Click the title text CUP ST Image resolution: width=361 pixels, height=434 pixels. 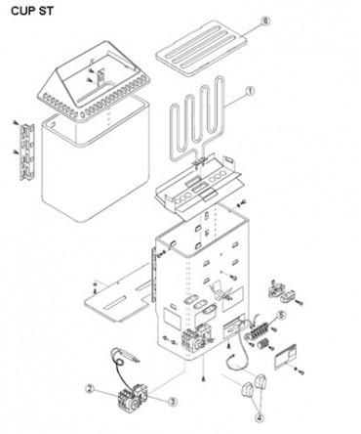coord(32,11)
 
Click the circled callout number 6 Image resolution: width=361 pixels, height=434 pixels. coord(265,22)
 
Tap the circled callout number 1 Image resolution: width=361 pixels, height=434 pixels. coord(250,92)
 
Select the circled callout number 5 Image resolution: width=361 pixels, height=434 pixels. coord(281,315)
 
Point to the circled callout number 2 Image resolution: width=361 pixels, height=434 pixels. coord(90,388)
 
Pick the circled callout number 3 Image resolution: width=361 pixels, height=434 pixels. coord(173,402)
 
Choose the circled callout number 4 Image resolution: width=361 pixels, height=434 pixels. coord(259,417)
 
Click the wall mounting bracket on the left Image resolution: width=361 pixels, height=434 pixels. coord(27,152)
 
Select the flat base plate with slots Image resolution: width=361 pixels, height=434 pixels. coord(119,300)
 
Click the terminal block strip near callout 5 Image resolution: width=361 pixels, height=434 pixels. coord(259,331)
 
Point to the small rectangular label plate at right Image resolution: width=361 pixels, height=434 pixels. coord(285,357)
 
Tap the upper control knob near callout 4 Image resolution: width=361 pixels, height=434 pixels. coord(261,382)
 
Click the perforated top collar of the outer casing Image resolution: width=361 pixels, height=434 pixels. coord(94,80)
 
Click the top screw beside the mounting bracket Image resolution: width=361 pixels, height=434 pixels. coord(15,123)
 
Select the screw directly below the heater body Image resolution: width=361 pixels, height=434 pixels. coord(203,378)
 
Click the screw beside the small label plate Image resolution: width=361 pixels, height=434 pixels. coord(301,371)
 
